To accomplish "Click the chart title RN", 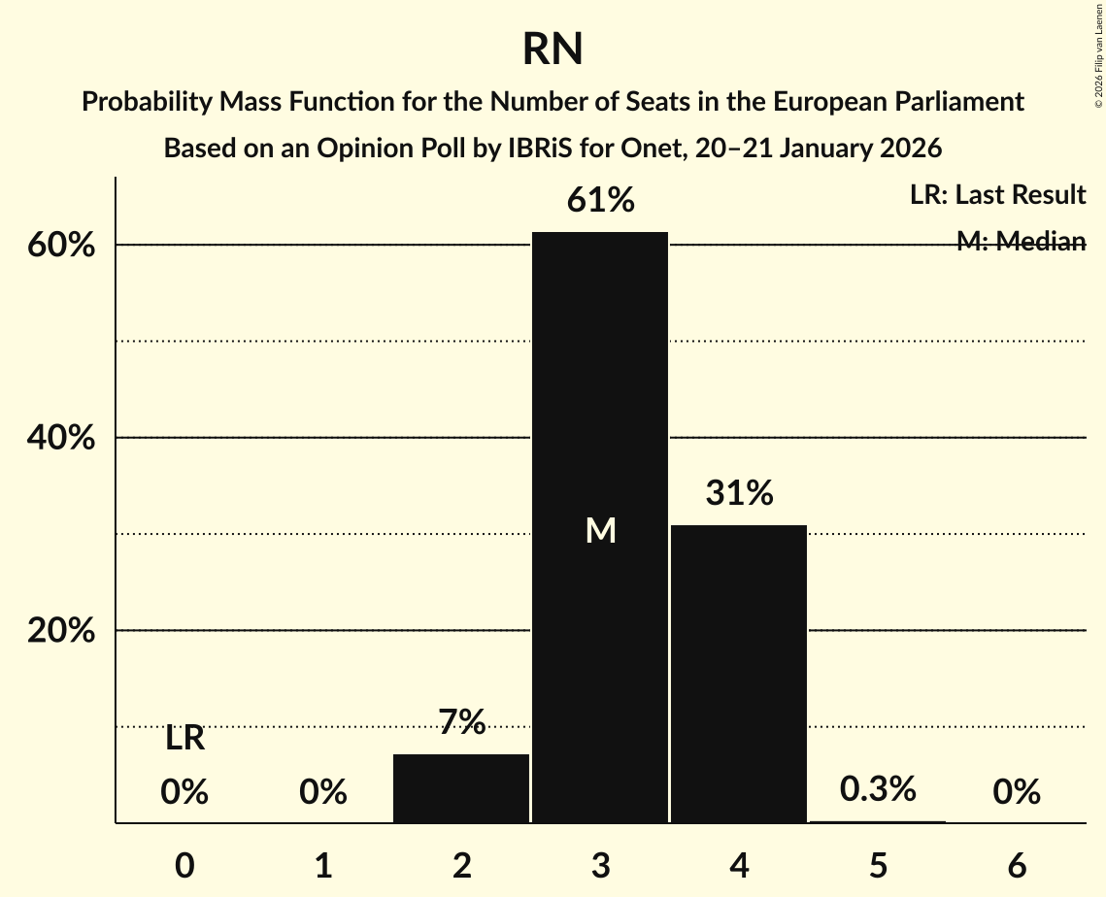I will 553,49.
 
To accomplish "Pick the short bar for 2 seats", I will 461,787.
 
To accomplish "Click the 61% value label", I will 600,201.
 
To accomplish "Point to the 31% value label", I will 739,494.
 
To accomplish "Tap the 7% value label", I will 461,722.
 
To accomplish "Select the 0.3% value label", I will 878,789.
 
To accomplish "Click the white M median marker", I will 600,530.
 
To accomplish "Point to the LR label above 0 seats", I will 184,739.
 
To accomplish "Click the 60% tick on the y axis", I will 61,246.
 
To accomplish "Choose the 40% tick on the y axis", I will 61,438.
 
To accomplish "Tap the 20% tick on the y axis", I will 61,631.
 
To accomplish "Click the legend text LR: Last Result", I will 997,195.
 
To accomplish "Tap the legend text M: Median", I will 1021,242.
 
